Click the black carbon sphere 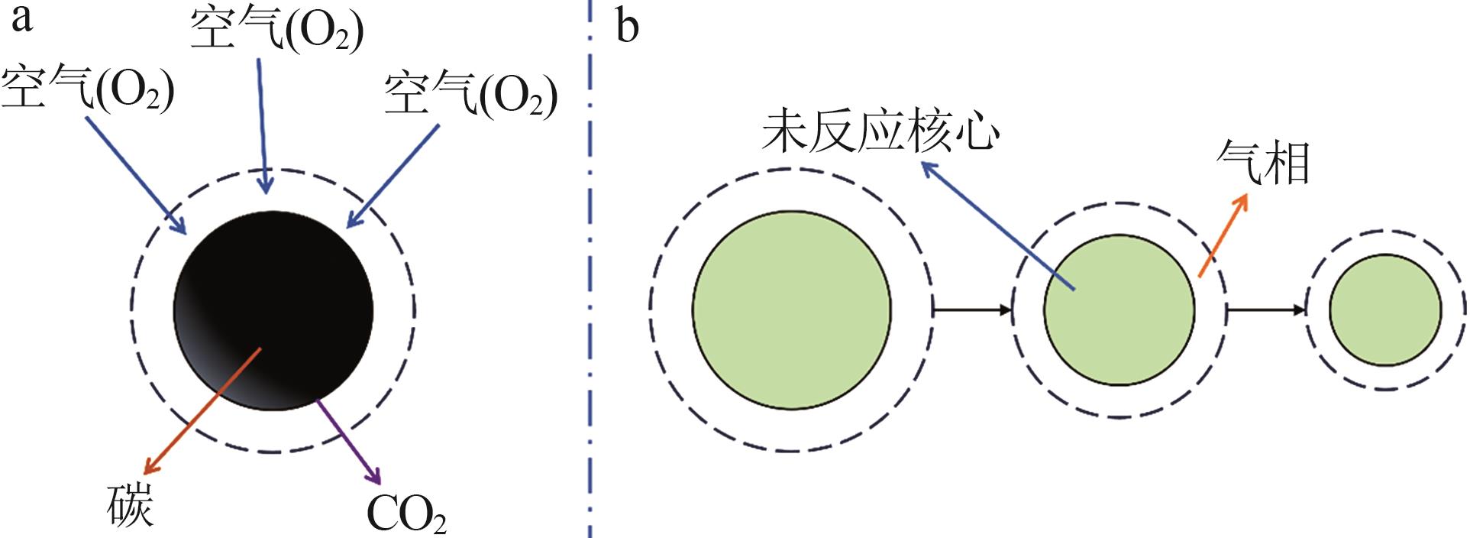(x=273, y=310)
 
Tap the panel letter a (x=21, y=20)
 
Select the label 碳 (x=131, y=505)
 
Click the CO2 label (x=406, y=514)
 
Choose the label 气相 (x=1263, y=163)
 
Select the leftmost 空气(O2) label (x=88, y=89)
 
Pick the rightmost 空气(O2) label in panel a (x=470, y=94)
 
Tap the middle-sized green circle (x=1119, y=310)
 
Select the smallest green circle (x=1385, y=310)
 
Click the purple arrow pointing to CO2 (x=348, y=442)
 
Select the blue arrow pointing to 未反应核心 (x=998, y=225)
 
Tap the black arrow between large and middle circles (x=972, y=310)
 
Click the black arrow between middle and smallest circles (x=1266, y=310)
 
